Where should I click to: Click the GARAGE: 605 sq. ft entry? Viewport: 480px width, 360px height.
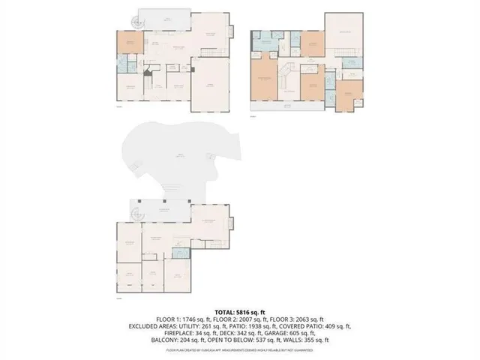point(330,333)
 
